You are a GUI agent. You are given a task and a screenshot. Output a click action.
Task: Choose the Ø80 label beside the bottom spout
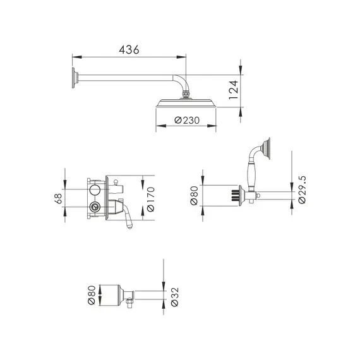point(92,294)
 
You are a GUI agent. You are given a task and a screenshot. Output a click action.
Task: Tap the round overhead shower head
point(186,104)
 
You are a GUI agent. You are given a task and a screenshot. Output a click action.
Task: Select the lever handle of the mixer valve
point(128,217)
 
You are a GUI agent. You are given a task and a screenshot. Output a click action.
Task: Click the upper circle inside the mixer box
point(95,191)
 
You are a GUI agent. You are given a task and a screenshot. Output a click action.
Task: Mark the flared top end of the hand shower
point(268,148)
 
